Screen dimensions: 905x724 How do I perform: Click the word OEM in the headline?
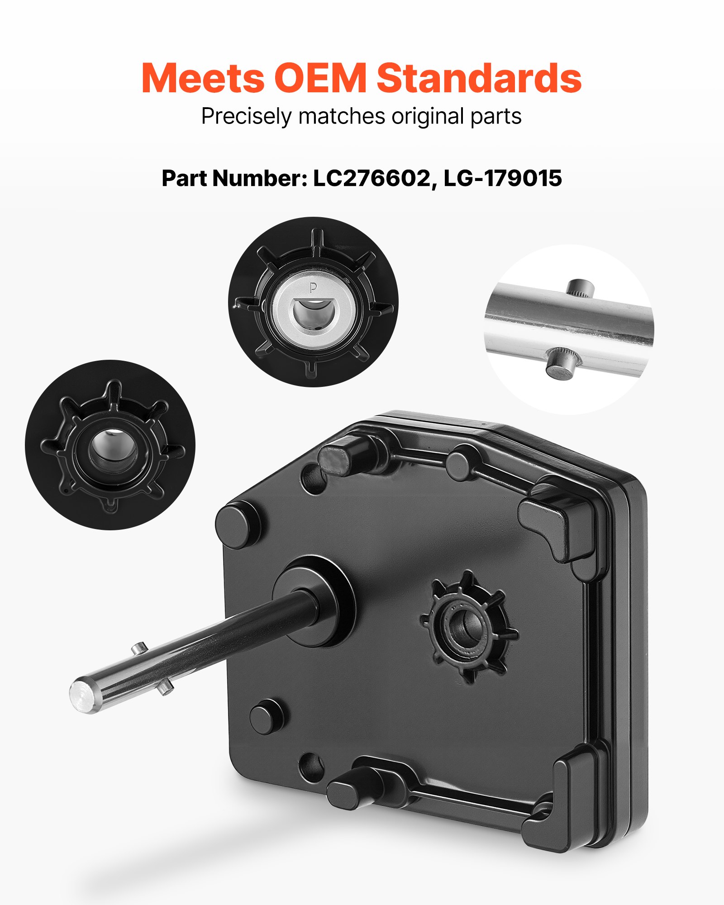pyautogui.click(x=320, y=78)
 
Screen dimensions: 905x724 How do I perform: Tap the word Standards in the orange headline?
pyautogui.click(x=479, y=78)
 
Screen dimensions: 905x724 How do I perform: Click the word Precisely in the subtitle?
pyautogui.click(x=246, y=117)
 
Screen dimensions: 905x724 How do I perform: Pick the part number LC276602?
pyautogui.click(x=372, y=178)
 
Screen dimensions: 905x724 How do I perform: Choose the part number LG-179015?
pyautogui.click(x=503, y=178)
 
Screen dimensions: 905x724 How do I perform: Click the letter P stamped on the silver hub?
pyautogui.click(x=313, y=288)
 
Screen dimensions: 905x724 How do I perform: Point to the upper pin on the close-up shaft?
pyautogui.click(x=581, y=288)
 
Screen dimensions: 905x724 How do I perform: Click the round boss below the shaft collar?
pyautogui.click(x=267, y=719)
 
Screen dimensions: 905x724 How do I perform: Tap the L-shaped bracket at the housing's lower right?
pyautogui.click(x=561, y=801)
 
